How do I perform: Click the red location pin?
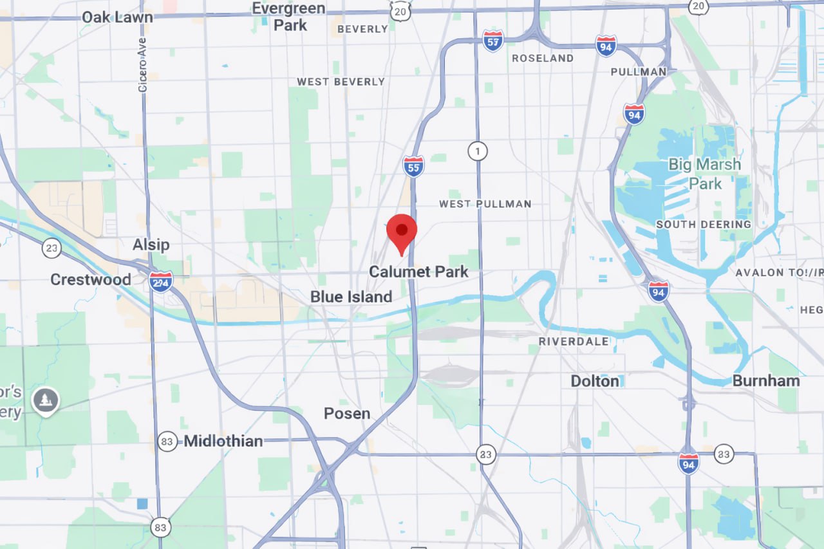[x=402, y=231]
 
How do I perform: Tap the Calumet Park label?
[x=418, y=272]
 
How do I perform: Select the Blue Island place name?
[x=351, y=297]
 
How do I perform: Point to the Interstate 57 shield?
[x=492, y=41]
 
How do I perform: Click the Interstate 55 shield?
[x=413, y=167]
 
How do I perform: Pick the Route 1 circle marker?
[x=477, y=151]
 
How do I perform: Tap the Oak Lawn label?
[x=117, y=17]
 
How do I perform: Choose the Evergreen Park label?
[x=290, y=17]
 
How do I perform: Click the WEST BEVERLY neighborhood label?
[x=341, y=82]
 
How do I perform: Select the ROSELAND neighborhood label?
[x=542, y=59]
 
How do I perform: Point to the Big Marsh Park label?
[x=704, y=174]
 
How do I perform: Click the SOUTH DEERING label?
[x=703, y=225]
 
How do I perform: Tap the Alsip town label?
[x=151, y=245]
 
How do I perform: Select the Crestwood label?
[x=90, y=279]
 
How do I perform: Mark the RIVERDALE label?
[x=574, y=341]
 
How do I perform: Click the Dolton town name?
[x=594, y=381]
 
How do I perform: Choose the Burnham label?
[x=765, y=380]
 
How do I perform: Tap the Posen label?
[x=347, y=413]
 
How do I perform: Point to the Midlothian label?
[x=223, y=441]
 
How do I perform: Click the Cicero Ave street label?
[x=143, y=64]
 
